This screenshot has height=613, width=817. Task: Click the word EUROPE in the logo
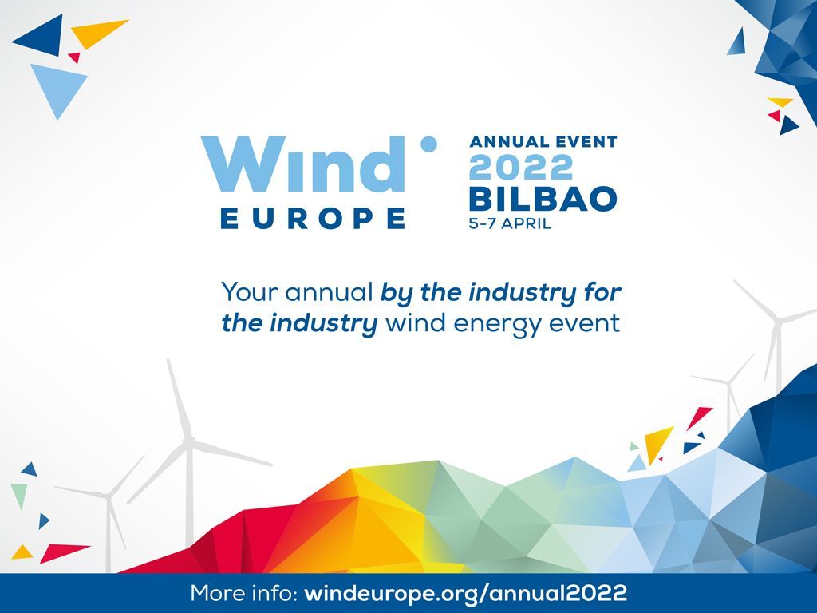313,218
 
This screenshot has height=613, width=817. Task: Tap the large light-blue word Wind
303,164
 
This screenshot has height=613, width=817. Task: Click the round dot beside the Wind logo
428,144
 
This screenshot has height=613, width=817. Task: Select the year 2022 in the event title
521,168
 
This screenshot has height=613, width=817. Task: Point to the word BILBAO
543,199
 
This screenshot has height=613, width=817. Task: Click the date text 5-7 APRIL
510,223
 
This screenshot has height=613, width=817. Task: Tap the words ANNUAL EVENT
543,142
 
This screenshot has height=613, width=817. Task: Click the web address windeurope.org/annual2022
465,593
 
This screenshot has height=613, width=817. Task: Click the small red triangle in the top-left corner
74,57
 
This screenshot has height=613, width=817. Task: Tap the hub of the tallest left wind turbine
190,442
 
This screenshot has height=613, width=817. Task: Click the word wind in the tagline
416,323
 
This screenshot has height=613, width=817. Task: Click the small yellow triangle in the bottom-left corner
22,553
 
